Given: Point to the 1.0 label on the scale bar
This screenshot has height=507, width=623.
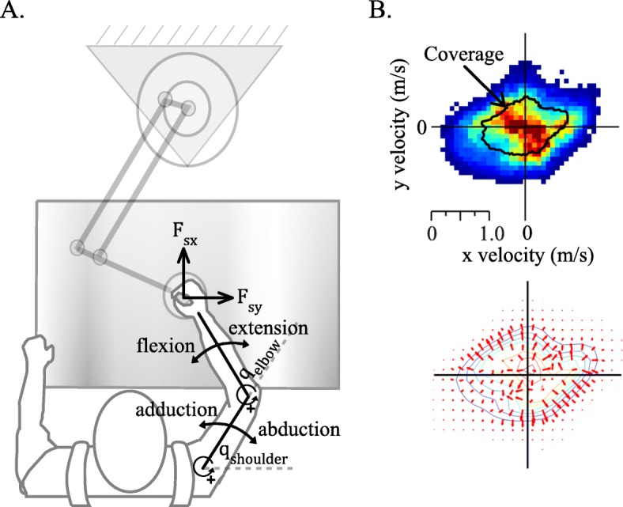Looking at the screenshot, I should pyautogui.click(x=488, y=233).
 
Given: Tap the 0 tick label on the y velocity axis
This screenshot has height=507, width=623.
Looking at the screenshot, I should pyautogui.click(x=423, y=127).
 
